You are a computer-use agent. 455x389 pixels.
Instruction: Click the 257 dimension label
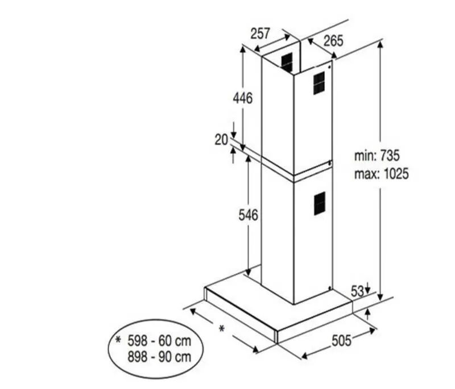tap(260, 34)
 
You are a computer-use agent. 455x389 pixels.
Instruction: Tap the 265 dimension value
tap(333, 40)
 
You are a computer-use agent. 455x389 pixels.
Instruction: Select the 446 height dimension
tap(243, 98)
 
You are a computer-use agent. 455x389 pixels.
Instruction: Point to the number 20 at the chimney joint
tap(221, 140)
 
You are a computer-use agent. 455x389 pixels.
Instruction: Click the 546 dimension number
tap(248, 215)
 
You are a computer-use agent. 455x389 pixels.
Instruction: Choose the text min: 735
tap(377, 156)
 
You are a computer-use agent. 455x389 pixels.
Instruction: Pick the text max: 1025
tap(381, 174)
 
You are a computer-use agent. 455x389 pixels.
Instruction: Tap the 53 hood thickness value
tap(358, 291)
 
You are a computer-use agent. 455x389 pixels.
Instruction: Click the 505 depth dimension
tap(342, 340)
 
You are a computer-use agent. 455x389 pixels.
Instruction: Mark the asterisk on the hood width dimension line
tap(221, 329)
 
